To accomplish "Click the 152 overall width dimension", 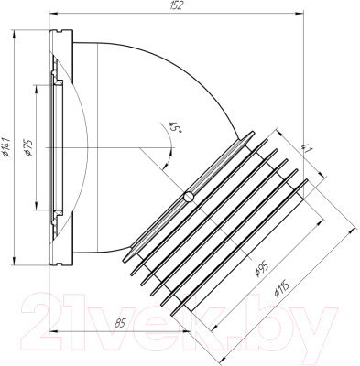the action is pyautogui.click(x=177, y=5).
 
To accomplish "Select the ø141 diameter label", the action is pyautogui.click(x=6, y=147).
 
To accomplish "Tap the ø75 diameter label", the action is pyautogui.click(x=27, y=147).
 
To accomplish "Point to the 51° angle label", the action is pyautogui.click(x=174, y=127).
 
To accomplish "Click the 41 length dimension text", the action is pyautogui.click(x=306, y=147).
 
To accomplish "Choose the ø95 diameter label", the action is pyautogui.click(x=261, y=269).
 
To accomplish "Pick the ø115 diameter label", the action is pyautogui.click(x=281, y=289).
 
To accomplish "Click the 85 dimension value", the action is pyautogui.click(x=120, y=323).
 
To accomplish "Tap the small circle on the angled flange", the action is pyautogui.click(x=189, y=197).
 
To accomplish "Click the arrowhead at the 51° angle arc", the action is pyautogui.click(x=166, y=165).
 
